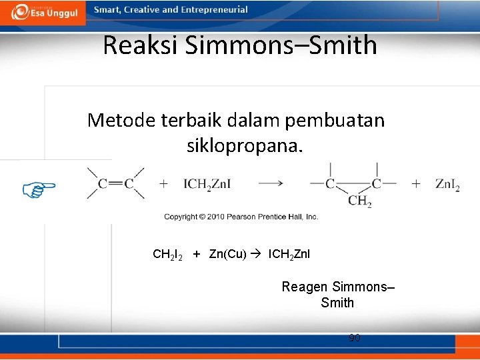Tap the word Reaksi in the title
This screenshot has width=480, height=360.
click(141, 45)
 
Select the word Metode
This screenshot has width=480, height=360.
click(120, 120)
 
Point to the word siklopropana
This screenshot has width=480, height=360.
click(245, 145)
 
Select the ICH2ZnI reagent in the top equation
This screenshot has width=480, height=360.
click(207, 184)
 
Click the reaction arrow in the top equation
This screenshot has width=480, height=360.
click(271, 183)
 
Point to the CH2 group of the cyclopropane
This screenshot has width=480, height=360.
click(360, 201)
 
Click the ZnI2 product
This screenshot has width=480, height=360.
click(447, 184)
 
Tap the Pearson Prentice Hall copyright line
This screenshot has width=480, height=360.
click(241, 217)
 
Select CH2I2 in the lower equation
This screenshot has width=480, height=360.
click(167, 255)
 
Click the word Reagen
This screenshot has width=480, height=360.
click(305, 287)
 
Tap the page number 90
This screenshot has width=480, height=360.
click(355, 338)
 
